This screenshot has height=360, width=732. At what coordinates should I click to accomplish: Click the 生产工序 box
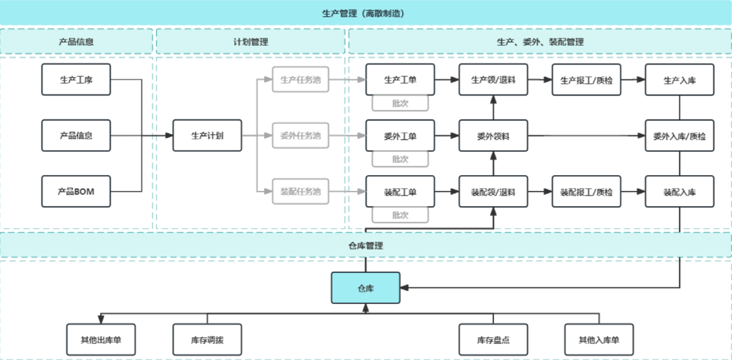tap(76, 79)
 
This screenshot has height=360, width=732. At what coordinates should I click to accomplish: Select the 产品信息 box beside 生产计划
tap(76, 135)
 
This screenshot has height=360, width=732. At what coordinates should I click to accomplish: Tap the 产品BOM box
tap(76, 192)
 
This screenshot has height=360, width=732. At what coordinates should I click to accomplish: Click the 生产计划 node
tap(207, 135)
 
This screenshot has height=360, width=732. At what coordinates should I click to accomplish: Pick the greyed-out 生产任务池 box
tap(300, 79)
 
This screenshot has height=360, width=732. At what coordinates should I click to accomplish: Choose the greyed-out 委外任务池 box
tap(300, 135)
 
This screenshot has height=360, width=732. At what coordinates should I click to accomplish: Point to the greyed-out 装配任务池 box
tap(300, 192)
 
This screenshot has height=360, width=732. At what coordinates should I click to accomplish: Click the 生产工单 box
tap(400, 79)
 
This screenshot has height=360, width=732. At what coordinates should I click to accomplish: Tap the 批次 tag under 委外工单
tap(400, 159)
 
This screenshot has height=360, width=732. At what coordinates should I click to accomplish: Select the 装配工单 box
tap(400, 192)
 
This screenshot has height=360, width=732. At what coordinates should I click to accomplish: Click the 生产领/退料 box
tap(493, 79)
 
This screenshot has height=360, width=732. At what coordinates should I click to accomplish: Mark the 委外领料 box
tap(493, 135)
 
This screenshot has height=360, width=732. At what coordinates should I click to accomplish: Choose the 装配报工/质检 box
tap(586, 192)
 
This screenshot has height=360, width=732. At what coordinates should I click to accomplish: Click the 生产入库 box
tap(680, 79)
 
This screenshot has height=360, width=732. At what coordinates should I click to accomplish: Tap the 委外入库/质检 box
tap(680, 135)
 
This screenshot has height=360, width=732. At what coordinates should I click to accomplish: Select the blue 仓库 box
tap(365, 287)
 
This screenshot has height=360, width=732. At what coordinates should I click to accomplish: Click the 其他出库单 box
tap(101, 340)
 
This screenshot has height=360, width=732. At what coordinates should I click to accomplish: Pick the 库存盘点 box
tap(493, 340)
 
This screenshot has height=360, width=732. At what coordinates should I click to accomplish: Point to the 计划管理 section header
tap(251, 42)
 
